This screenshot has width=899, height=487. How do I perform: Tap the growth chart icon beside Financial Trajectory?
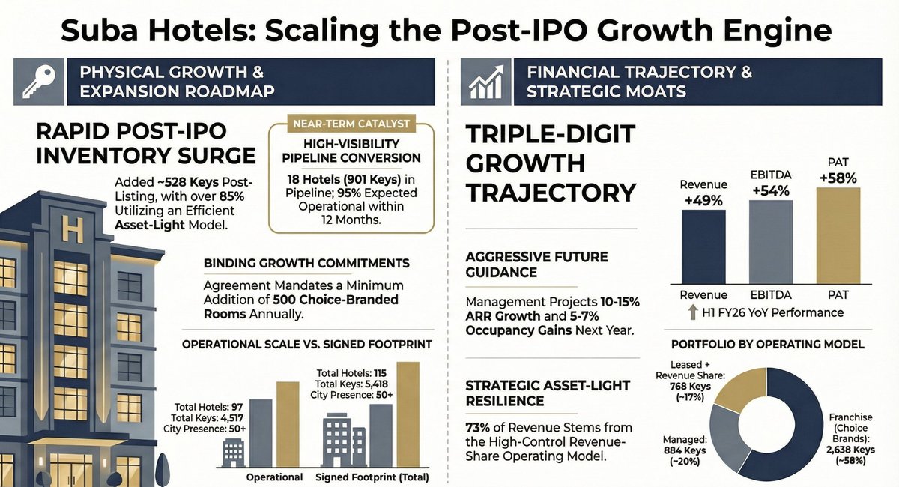[x=485, y=82]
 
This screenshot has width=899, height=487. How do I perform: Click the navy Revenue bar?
[x=703, y=244]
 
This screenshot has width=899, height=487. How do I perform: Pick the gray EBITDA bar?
[x=770, y=239]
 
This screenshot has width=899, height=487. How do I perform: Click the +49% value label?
[x=703, y=201]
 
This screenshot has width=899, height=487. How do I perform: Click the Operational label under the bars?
[x=275, y=477]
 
